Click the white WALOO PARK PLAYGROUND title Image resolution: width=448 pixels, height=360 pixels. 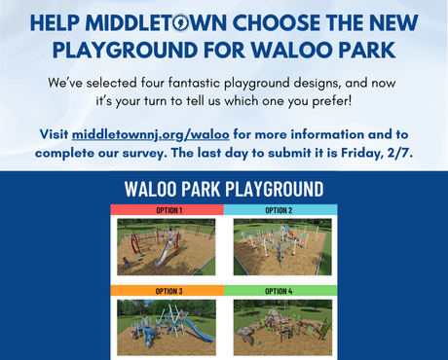(x=223, y=188)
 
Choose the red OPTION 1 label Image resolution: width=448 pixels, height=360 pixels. (x=167, y=210)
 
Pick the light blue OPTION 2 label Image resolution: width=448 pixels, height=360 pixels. (x=280, y=210)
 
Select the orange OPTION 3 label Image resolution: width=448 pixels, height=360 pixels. (x=167, y=291)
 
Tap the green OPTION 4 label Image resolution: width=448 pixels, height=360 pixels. (x=280, y=291)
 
